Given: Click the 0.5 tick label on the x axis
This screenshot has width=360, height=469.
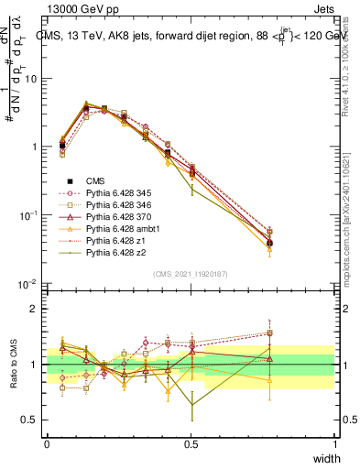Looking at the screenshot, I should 191,444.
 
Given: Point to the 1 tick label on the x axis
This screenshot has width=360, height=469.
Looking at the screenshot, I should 335,444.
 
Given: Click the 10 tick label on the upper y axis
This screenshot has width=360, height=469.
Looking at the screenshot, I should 30,79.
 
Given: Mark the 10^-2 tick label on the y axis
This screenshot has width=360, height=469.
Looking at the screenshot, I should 27,284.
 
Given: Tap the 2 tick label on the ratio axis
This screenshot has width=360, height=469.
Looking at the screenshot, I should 34,309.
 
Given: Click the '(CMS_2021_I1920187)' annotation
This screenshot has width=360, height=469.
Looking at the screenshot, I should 191,274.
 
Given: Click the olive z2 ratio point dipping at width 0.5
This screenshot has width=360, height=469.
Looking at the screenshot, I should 191,404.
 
